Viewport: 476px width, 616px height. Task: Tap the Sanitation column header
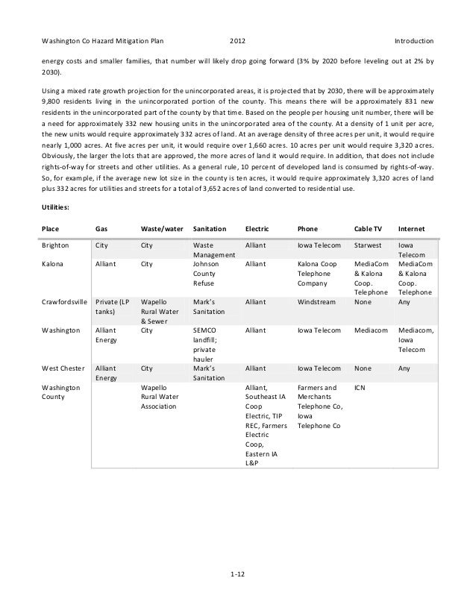(x=210, y=227)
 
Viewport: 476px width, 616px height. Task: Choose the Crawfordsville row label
(x=65, y=303)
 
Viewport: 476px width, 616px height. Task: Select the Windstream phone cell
(x=316, y=303)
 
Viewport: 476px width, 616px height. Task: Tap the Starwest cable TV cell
(x=368, y=245)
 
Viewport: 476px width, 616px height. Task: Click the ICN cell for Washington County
(x=360, y=388)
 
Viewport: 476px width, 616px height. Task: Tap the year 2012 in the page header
(x=238, y=40)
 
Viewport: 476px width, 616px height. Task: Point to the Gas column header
(x=102, y=227)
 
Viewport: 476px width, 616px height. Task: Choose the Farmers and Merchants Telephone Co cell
(x=322, y=406)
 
